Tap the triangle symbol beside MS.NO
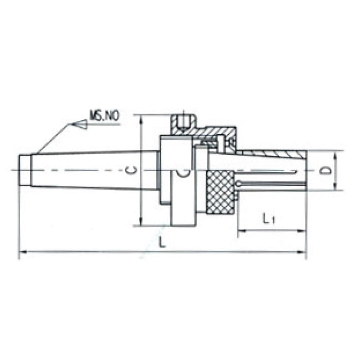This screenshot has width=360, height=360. pos(79,123)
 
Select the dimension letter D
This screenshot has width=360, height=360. pos(323,171)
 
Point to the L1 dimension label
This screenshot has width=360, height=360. pos(269,220)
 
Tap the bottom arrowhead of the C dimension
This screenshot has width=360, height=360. pos(140,222)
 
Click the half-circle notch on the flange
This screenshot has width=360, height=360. pos(184,175)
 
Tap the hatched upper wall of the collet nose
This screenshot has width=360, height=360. pos(273,154)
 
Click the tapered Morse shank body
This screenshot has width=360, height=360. pos(93,170)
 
